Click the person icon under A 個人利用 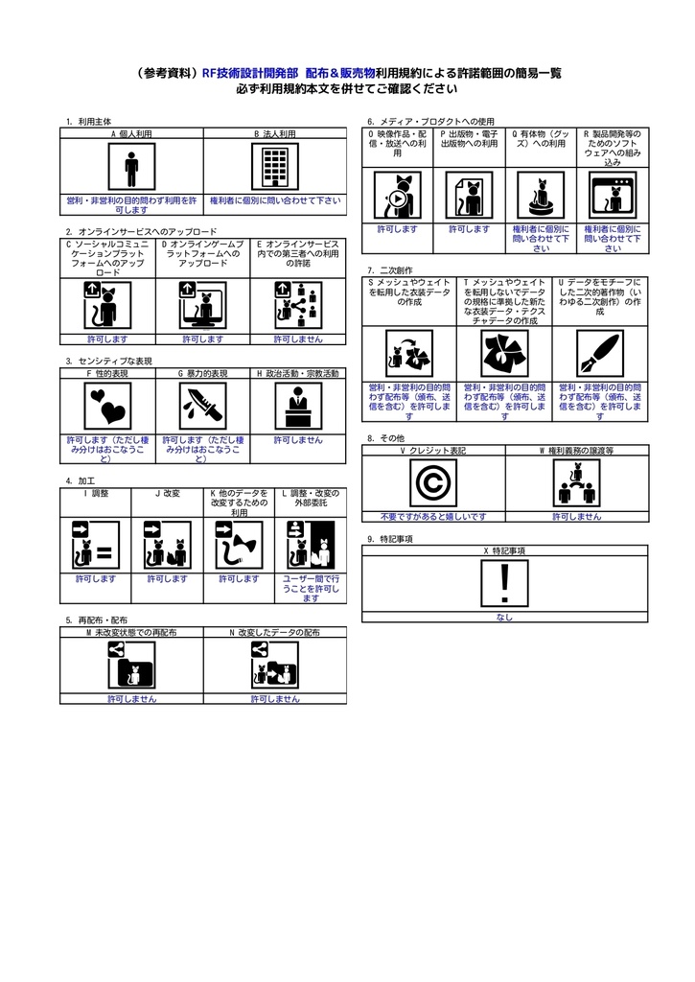tap(131, 168)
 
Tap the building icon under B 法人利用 tap(275, 168)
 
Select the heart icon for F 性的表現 tap(107, 407)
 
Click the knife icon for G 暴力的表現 tap(202, 407)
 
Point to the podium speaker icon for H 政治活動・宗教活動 tap(298, 407)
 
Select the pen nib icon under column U tap(600, 356)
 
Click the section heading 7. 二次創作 tap(382, 270)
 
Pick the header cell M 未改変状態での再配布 tap(131, 633)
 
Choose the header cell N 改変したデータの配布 tap(275, 633)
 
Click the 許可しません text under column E tap(298, 339)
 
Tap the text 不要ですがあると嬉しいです tap(433, 516)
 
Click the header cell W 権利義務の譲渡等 tap(577, 450)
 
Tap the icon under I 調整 tap(95, 545)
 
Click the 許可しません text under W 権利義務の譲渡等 tap(577, 516)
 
